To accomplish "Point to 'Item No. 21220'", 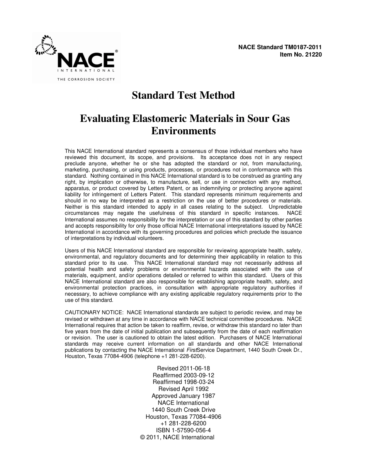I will tap(301, 55).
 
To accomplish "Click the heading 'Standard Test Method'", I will tap(183, 95).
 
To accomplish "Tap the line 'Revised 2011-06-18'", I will tap(183, 368).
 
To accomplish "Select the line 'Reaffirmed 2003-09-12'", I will tap(183, 375).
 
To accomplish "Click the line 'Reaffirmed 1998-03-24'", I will tap(183, 382).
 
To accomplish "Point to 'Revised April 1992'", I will tap(183, 389).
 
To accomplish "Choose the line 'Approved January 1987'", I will tap(183, 396).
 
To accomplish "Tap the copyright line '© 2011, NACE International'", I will tap(177, 437).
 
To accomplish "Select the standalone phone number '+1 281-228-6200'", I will tap(183, 423).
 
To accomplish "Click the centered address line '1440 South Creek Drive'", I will tap(183, 410).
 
